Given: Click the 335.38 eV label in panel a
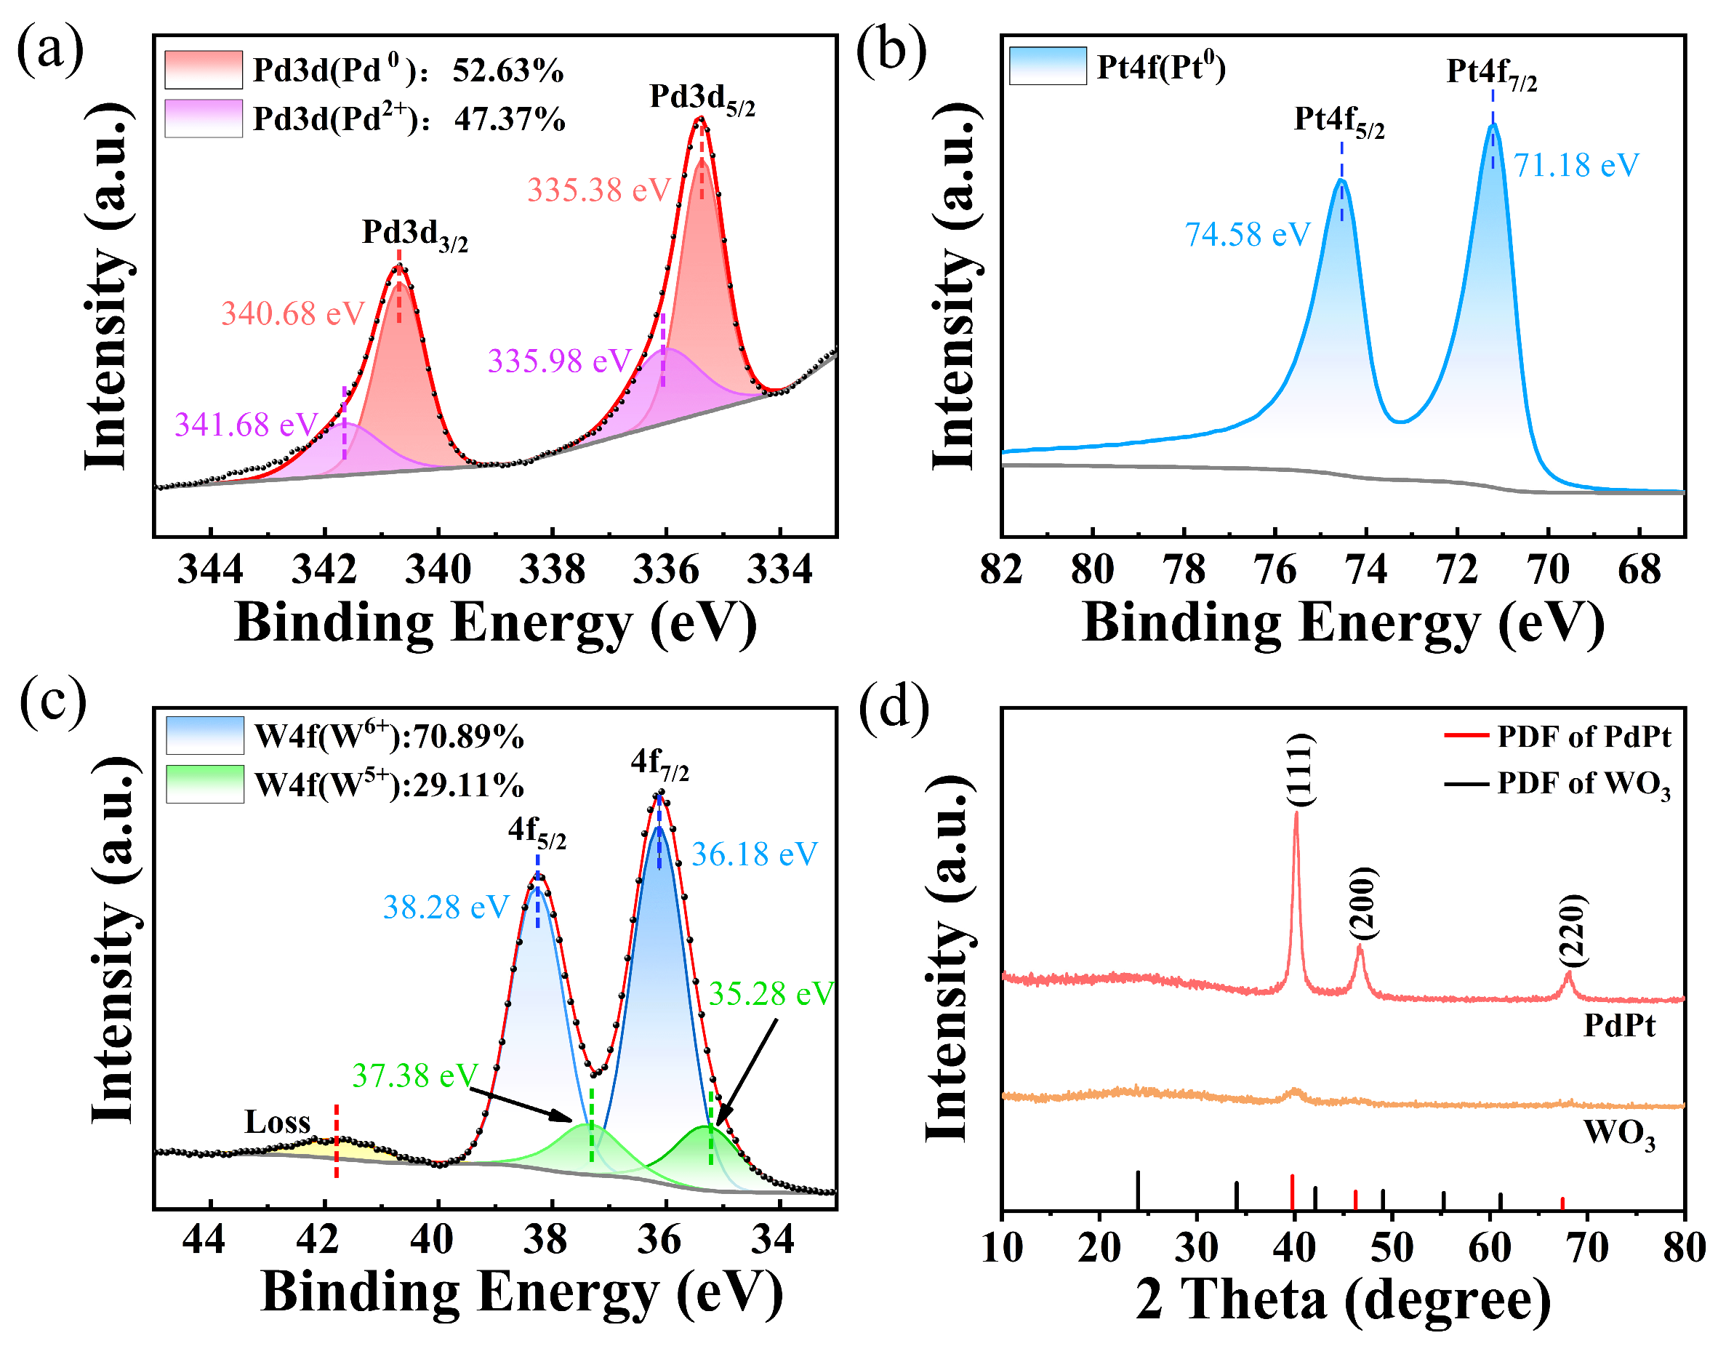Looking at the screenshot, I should pyautogui.click(x=598, y=191).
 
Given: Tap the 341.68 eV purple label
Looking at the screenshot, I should pyautogui.click(x=246, y=425).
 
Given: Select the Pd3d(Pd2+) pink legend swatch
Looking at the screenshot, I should pyautogui.click(x=203, y=119).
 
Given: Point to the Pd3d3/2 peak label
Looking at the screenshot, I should pyautogui.click(x=414, y=234).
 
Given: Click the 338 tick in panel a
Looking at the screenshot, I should pyautogui.click(x=552, y=570).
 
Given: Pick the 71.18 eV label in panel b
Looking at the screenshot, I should pyautogui.click(x=1576, y=166).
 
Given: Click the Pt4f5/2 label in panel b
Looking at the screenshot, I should pyautogui.click(x=1338, y=121).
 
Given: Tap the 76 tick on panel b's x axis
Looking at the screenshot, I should pyautogui.click(x=1275, y=570).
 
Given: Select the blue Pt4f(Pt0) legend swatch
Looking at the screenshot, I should pyautogui.click(x=1047, y=66).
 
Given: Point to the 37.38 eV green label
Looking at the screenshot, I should pyautogui.click(x=415, y=1075).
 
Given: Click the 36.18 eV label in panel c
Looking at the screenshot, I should pyautogui.click(x=754, y=854).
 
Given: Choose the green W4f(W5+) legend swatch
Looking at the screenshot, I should pyautogui.click(x=205, y=785).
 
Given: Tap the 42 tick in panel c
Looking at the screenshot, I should pyautogui.click(x=318, y=1239).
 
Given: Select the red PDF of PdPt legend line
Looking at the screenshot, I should pyautogui.click(x=1466, y=736).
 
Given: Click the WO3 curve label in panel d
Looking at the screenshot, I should pyautogui.click(x=1618, y=1135).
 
